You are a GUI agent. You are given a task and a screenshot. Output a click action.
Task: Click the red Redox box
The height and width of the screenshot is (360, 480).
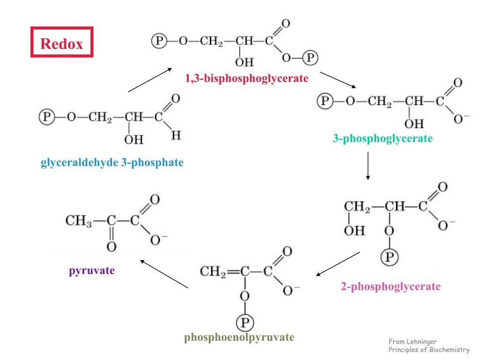62,43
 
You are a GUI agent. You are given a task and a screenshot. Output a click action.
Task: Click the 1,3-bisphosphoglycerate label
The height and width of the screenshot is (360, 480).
247,78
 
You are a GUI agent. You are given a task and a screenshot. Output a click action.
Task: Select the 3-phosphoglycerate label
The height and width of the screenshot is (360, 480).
382,138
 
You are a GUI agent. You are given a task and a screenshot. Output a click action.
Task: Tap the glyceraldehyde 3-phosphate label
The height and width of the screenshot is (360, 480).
112,163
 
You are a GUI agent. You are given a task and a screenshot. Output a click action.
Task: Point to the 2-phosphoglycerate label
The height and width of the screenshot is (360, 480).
390,286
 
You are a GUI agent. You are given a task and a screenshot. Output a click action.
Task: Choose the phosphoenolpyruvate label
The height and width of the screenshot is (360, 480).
239,337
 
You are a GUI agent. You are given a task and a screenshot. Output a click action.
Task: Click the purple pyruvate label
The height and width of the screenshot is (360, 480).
92,270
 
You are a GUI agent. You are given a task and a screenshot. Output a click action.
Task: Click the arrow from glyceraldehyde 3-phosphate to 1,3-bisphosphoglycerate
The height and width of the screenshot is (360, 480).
150,80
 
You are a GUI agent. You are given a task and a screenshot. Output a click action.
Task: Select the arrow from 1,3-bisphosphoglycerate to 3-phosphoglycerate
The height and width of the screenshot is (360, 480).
338,80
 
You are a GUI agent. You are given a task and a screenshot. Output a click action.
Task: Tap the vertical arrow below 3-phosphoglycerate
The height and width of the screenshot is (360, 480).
368,165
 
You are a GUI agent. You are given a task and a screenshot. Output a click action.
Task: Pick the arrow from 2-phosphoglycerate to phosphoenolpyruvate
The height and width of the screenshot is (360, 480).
338,264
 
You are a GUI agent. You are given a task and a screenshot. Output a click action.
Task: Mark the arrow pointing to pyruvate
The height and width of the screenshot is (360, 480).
164,274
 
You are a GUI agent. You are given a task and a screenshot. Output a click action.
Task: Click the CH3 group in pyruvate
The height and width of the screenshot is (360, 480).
78,220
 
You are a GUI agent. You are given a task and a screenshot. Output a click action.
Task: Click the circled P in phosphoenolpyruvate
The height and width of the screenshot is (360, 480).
244,322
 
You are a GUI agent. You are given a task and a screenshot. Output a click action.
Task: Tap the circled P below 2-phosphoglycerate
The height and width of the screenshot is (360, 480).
389,257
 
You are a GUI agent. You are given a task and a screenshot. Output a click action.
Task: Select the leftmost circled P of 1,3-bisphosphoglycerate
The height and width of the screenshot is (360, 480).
159,41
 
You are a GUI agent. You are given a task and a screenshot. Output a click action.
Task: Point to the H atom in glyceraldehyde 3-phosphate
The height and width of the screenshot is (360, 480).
176,135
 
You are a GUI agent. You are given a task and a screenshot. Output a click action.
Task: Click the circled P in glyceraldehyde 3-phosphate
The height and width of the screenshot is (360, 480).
46,117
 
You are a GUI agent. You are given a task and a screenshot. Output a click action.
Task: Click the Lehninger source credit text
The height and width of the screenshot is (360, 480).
428,346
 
